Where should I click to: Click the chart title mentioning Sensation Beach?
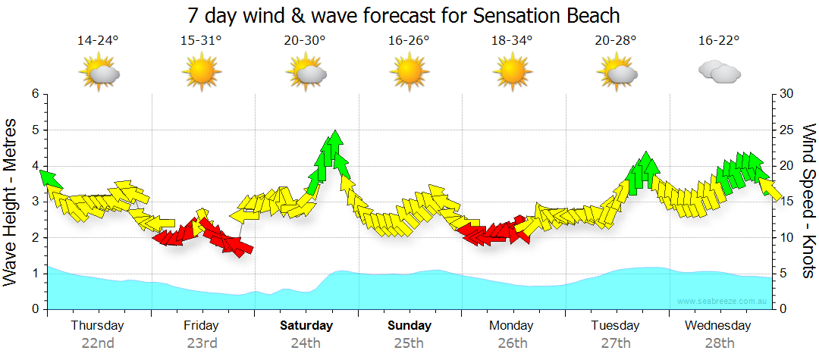click(x=403, y=15)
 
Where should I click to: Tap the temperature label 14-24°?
click(x=98, y=40)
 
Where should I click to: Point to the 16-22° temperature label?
click(x=718, y=40)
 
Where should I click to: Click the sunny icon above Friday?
click(x=202, y=73)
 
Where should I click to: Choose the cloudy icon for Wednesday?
click(x=719, y=72)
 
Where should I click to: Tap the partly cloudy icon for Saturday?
click(x=306, y=74)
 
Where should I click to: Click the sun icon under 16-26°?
click(x=409, y=73)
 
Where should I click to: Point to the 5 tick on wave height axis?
click(x=35, y=130)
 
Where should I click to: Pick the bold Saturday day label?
click(x=306, y=326)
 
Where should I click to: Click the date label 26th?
click(x=513, y=343)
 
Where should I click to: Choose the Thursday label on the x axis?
click(x=98, y=326)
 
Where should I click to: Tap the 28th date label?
click(x=719, y=343)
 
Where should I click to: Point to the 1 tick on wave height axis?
click(x=35, y=274)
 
